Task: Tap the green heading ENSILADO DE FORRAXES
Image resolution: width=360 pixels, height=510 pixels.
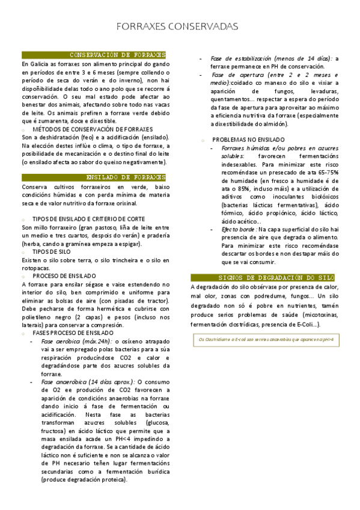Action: [x=126, y=177]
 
